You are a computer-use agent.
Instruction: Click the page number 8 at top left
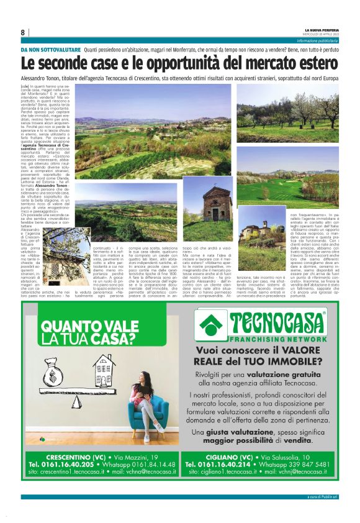[x=23, y=32]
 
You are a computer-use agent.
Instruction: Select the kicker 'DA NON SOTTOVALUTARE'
[x=50, y=49]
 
